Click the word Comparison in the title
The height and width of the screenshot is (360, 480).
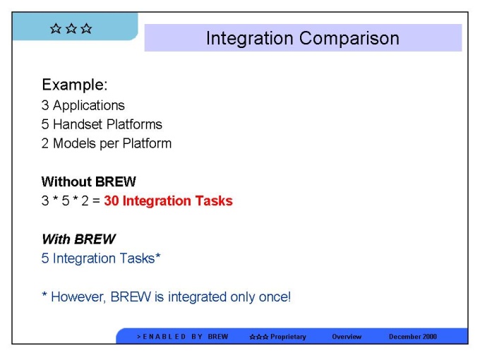point(349,39)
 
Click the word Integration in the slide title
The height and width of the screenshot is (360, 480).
point(249,39)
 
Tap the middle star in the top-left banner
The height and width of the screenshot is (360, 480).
point(71,28)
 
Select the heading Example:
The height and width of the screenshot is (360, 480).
point(75,85)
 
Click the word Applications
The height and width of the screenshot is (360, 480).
point(89,106)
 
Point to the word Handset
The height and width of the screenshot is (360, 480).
point(78,124)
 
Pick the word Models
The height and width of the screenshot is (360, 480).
point(74,143)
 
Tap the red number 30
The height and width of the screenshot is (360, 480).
point(112,200)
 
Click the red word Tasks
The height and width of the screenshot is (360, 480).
point(214,200)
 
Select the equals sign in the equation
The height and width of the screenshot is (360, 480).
point(96,201)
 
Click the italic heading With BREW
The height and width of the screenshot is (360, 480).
point(78,239)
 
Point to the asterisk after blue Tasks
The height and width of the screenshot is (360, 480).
point(157,256)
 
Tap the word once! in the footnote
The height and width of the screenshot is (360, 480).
point(275,297)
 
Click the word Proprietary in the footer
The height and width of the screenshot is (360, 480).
point(288,337)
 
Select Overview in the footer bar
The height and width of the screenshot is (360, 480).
point(347,337)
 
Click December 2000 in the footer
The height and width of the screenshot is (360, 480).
point(413,337)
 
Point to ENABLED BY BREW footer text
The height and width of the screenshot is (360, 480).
point(182,337)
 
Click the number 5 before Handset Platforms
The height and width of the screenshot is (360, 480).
point(45,124)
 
